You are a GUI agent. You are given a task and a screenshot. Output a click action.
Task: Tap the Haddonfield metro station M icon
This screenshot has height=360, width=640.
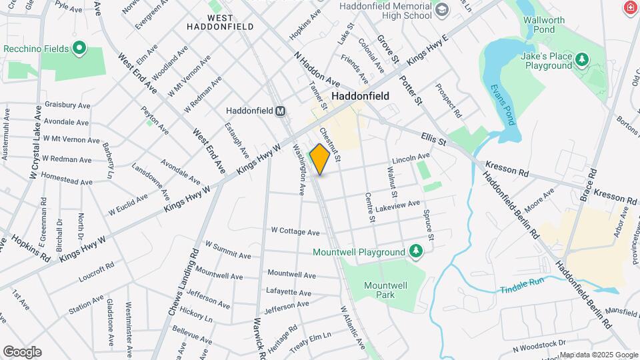(281, 111)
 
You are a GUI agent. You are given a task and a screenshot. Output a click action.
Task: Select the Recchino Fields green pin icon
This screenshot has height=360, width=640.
(79, 48)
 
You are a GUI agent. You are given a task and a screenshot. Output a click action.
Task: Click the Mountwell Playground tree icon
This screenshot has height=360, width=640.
(417, 251)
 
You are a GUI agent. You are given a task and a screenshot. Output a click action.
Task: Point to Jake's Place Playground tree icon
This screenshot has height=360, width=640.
(583, 61)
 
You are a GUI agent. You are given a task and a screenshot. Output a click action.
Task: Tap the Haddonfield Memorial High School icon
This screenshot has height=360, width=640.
(441, 10)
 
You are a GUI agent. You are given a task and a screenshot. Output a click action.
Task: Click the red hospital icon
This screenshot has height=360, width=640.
(629, 8)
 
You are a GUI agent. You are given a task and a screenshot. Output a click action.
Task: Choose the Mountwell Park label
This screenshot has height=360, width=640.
(385, 289)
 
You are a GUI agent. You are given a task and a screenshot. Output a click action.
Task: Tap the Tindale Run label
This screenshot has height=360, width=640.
(523, 290)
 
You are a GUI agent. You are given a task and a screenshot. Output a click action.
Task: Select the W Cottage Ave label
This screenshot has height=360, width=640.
(295, 231)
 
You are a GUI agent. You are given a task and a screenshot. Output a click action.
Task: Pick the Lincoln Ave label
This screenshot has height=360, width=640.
(411, 158)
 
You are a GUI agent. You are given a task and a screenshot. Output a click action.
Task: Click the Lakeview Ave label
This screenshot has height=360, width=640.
(398, 205)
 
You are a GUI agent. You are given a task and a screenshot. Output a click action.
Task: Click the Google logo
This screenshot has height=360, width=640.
(22, 352)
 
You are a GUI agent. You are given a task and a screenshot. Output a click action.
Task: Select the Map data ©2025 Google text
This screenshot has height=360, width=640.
(599, 355)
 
